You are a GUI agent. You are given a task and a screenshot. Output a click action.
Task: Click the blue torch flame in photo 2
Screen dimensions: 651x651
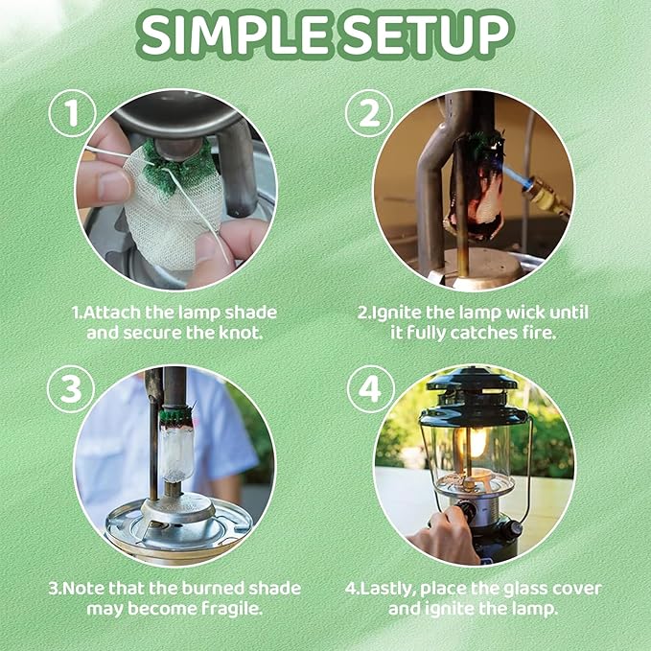tap(523, 188)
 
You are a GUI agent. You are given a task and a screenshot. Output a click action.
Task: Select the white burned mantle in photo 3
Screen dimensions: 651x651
tap(175, 451)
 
